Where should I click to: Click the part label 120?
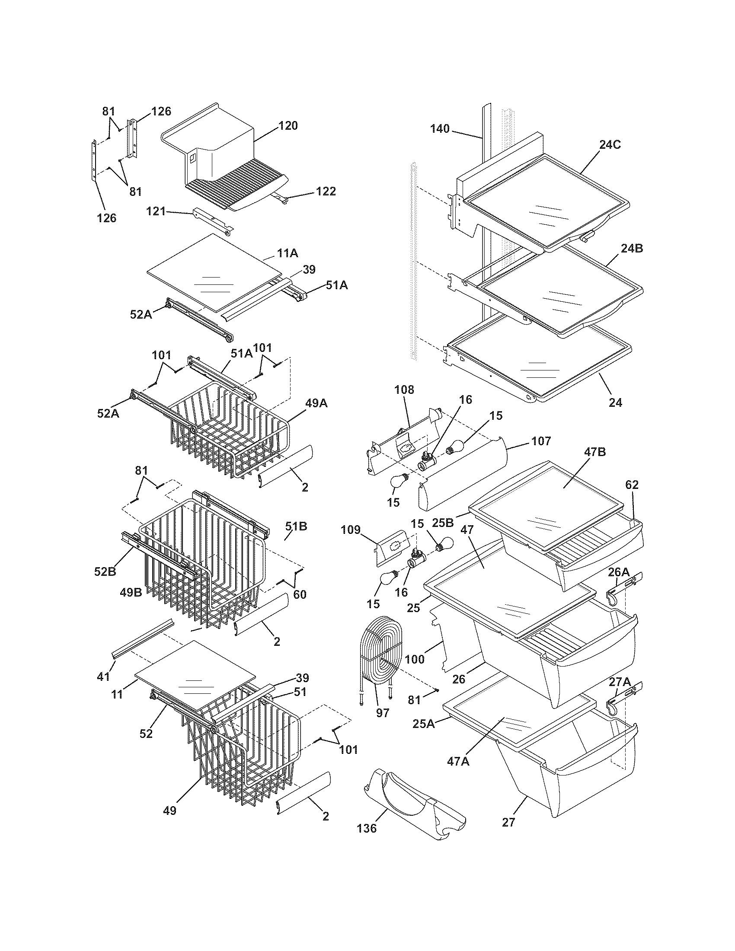click(x=288, y=126)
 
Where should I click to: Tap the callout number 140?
click(x=440, y=129)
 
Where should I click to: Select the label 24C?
click(x=610, y=145)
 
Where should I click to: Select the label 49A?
click(x=316, y=404)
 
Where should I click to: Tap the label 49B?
click(x=131, y=593)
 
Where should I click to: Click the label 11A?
click(x=288, y=253)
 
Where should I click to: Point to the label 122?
click(x=326, y=191)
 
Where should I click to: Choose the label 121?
click(x=156, y=211)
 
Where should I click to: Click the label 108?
click(x=405, y=389)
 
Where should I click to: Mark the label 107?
click(x=541, y=441)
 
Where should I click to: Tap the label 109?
click(x=351, y=530)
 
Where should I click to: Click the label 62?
click(x=632, y=485)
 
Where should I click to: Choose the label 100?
click(x=415, y=659)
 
